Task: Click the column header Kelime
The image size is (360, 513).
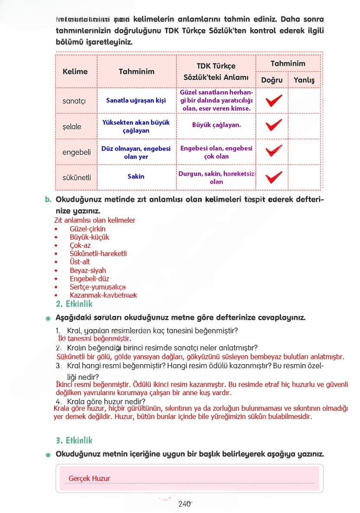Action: pyautogui.click(x=75, y=71)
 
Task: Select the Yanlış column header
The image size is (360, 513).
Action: pyautogui.click(x=304, y=80)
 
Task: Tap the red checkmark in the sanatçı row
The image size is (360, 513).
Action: pyautogui.click(x=273, y=101)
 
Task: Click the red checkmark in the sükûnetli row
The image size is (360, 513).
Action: pyautogui.click(x=273, y=177)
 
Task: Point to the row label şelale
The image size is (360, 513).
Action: pyautogui.click(x=72, y=127)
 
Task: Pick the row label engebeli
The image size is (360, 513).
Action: pyautogui.click(x=77, y=152)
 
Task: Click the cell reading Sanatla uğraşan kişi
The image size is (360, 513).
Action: pyautogui.click(x=136, y=101)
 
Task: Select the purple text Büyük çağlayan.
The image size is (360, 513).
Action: pyautogui.click(x=216, y=125)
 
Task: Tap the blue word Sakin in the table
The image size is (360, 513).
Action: pyautogui.click(x=136, y=176)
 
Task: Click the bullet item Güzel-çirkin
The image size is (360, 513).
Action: pyautogui.click(x=87, y=229)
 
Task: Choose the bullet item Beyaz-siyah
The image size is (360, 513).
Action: pyautogui.click(x=88, y=270)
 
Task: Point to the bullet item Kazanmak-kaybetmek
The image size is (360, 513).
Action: pyautogui.click(x=103, y=295)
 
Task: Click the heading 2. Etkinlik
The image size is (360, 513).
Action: pyautogui.click(x=74, y=304)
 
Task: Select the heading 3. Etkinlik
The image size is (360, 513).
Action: pyautogui.click(x=74, y=440)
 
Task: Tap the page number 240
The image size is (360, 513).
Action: pyautogui.click(x=185, y=504)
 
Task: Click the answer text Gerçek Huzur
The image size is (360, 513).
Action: pyautogui.click(x=89, y=478)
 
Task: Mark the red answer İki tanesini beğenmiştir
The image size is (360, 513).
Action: pyautogui.click(x=94, y=339)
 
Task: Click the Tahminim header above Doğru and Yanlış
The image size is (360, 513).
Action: pyautogui.click(x=288, y=64)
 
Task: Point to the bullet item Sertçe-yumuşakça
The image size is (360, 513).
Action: pyautogui.click(x=97, y=287)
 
